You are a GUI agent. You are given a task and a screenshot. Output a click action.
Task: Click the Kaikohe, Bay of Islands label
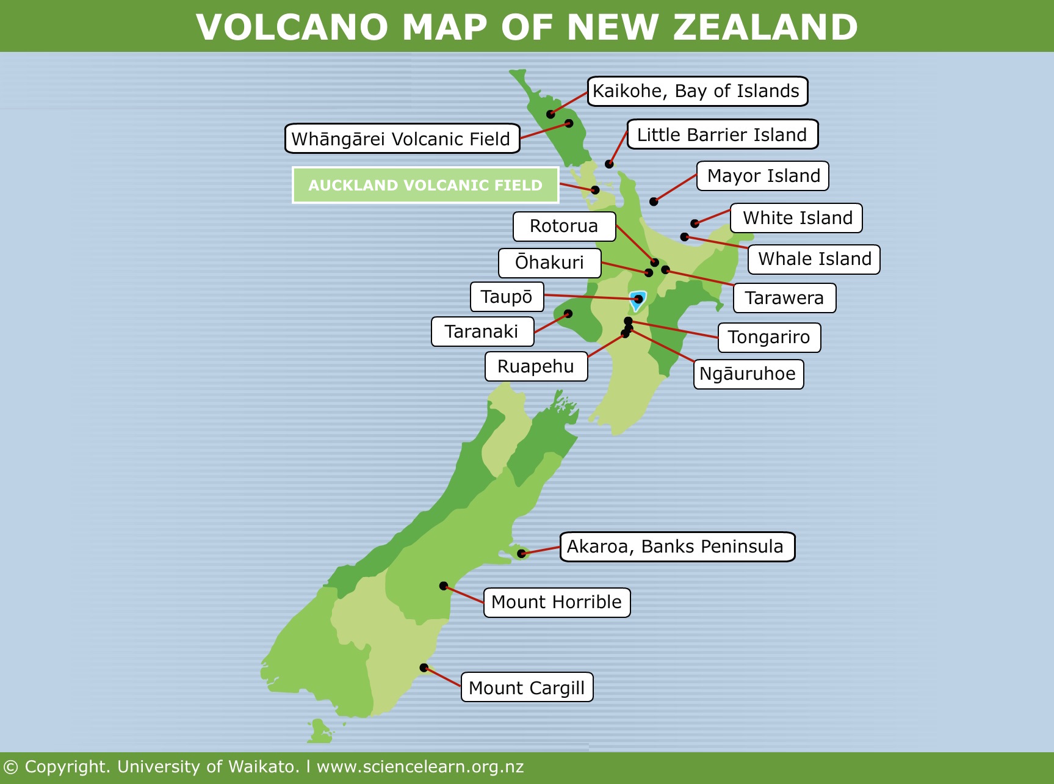pyautogui.click(x=697, y=92)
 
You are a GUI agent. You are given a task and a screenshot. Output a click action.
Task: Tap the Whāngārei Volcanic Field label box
pyautogui.click(x=402, y=139)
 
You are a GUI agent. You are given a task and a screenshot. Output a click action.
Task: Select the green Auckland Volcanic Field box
pyautogui.click(x=425, y=185)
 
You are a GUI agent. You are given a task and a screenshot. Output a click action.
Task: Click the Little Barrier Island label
pyautogui.click(x=722, y=134)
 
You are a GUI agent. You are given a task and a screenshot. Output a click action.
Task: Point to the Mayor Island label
pyautogui.click(x=763, y=176)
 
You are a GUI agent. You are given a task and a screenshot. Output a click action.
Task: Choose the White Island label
pyautogui.click(x=796, y=218)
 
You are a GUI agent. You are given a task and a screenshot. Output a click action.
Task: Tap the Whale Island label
pyautogui.click(x=814, y=259)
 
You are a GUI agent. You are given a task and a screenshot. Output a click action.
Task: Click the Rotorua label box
pyautogui.click(x=564, y=227)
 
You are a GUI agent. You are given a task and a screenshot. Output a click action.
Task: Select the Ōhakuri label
pyautogui.click(x=549, y=263)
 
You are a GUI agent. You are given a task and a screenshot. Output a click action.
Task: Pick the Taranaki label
pyautogui.click(x=482, y=332)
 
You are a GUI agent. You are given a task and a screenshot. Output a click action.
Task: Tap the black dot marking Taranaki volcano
pyautogui.click(x=568, y=314)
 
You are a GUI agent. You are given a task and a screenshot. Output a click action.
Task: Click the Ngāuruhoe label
pyautogui.click(x=748, y=374)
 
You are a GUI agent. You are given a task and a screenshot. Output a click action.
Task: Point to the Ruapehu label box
pyautogui.click(x=536, y=366)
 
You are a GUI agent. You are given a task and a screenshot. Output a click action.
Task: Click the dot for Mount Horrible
pyautogui.click(x=444, y=586)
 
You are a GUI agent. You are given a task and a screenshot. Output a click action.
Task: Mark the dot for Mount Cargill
pyautogui.click(x=424, y=668)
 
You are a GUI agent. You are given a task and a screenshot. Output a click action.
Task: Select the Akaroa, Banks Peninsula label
pyautogui.click(x=677, y=546)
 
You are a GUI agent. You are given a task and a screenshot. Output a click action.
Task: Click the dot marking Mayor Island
pyautogui.click(x=654, y=201)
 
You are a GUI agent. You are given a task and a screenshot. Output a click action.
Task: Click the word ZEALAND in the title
pyautogui.click(x=765, y=27)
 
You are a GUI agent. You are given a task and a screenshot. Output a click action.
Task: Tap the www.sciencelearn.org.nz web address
pyautogui.click(x=420, y=767)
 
